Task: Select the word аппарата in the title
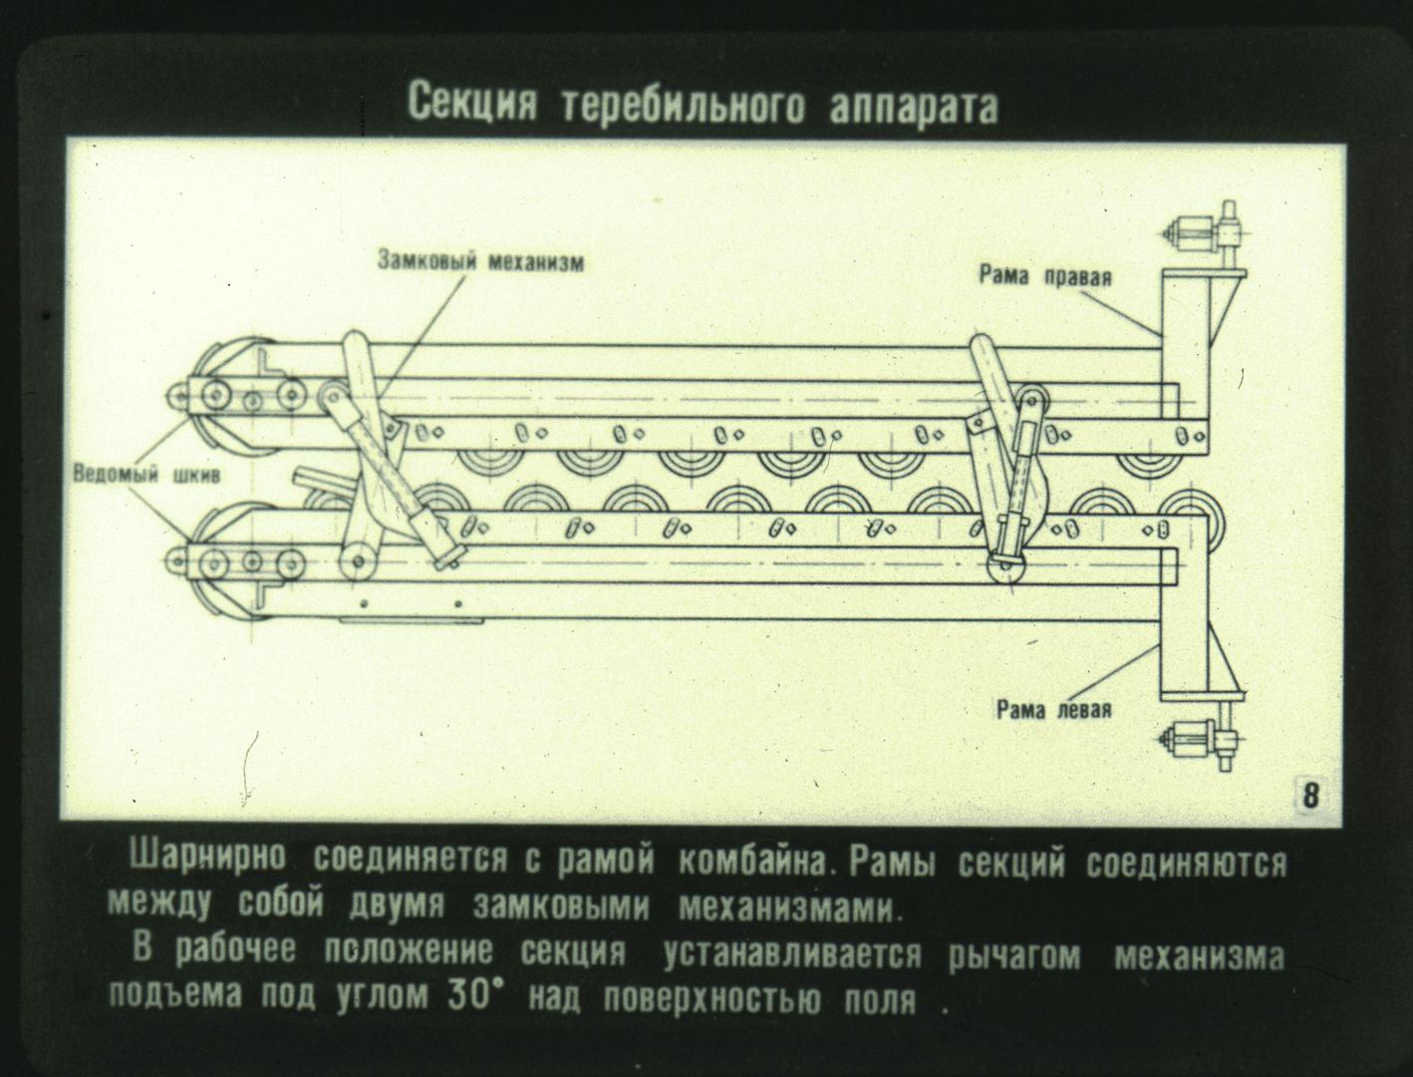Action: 914,107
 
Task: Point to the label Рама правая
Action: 1045,276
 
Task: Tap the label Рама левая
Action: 1054,710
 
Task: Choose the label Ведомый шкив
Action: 146,475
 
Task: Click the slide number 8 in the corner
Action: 1310,796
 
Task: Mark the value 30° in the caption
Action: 474,995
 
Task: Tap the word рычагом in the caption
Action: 1015,956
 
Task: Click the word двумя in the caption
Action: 396,906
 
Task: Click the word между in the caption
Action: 159,905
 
